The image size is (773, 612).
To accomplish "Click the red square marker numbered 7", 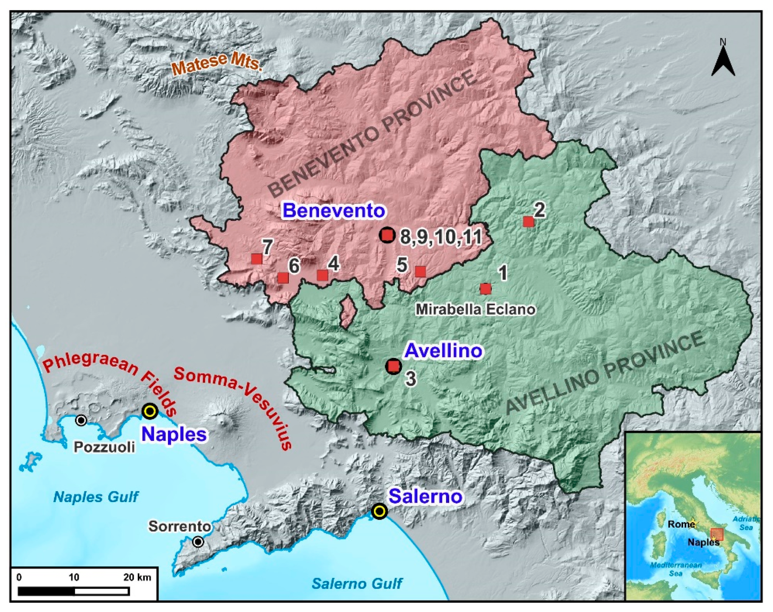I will (256, 259).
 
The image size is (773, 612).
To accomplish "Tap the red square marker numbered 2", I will (528, 221).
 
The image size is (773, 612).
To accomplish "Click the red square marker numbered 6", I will (283, 278).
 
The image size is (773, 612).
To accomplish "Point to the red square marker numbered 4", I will (322, 275).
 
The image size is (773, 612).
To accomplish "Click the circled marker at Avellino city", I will (393, 366).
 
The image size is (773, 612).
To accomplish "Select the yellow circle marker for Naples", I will (150, 411).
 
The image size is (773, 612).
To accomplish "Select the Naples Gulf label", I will (96, 497).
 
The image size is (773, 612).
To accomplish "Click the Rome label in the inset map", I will (680, 525).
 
